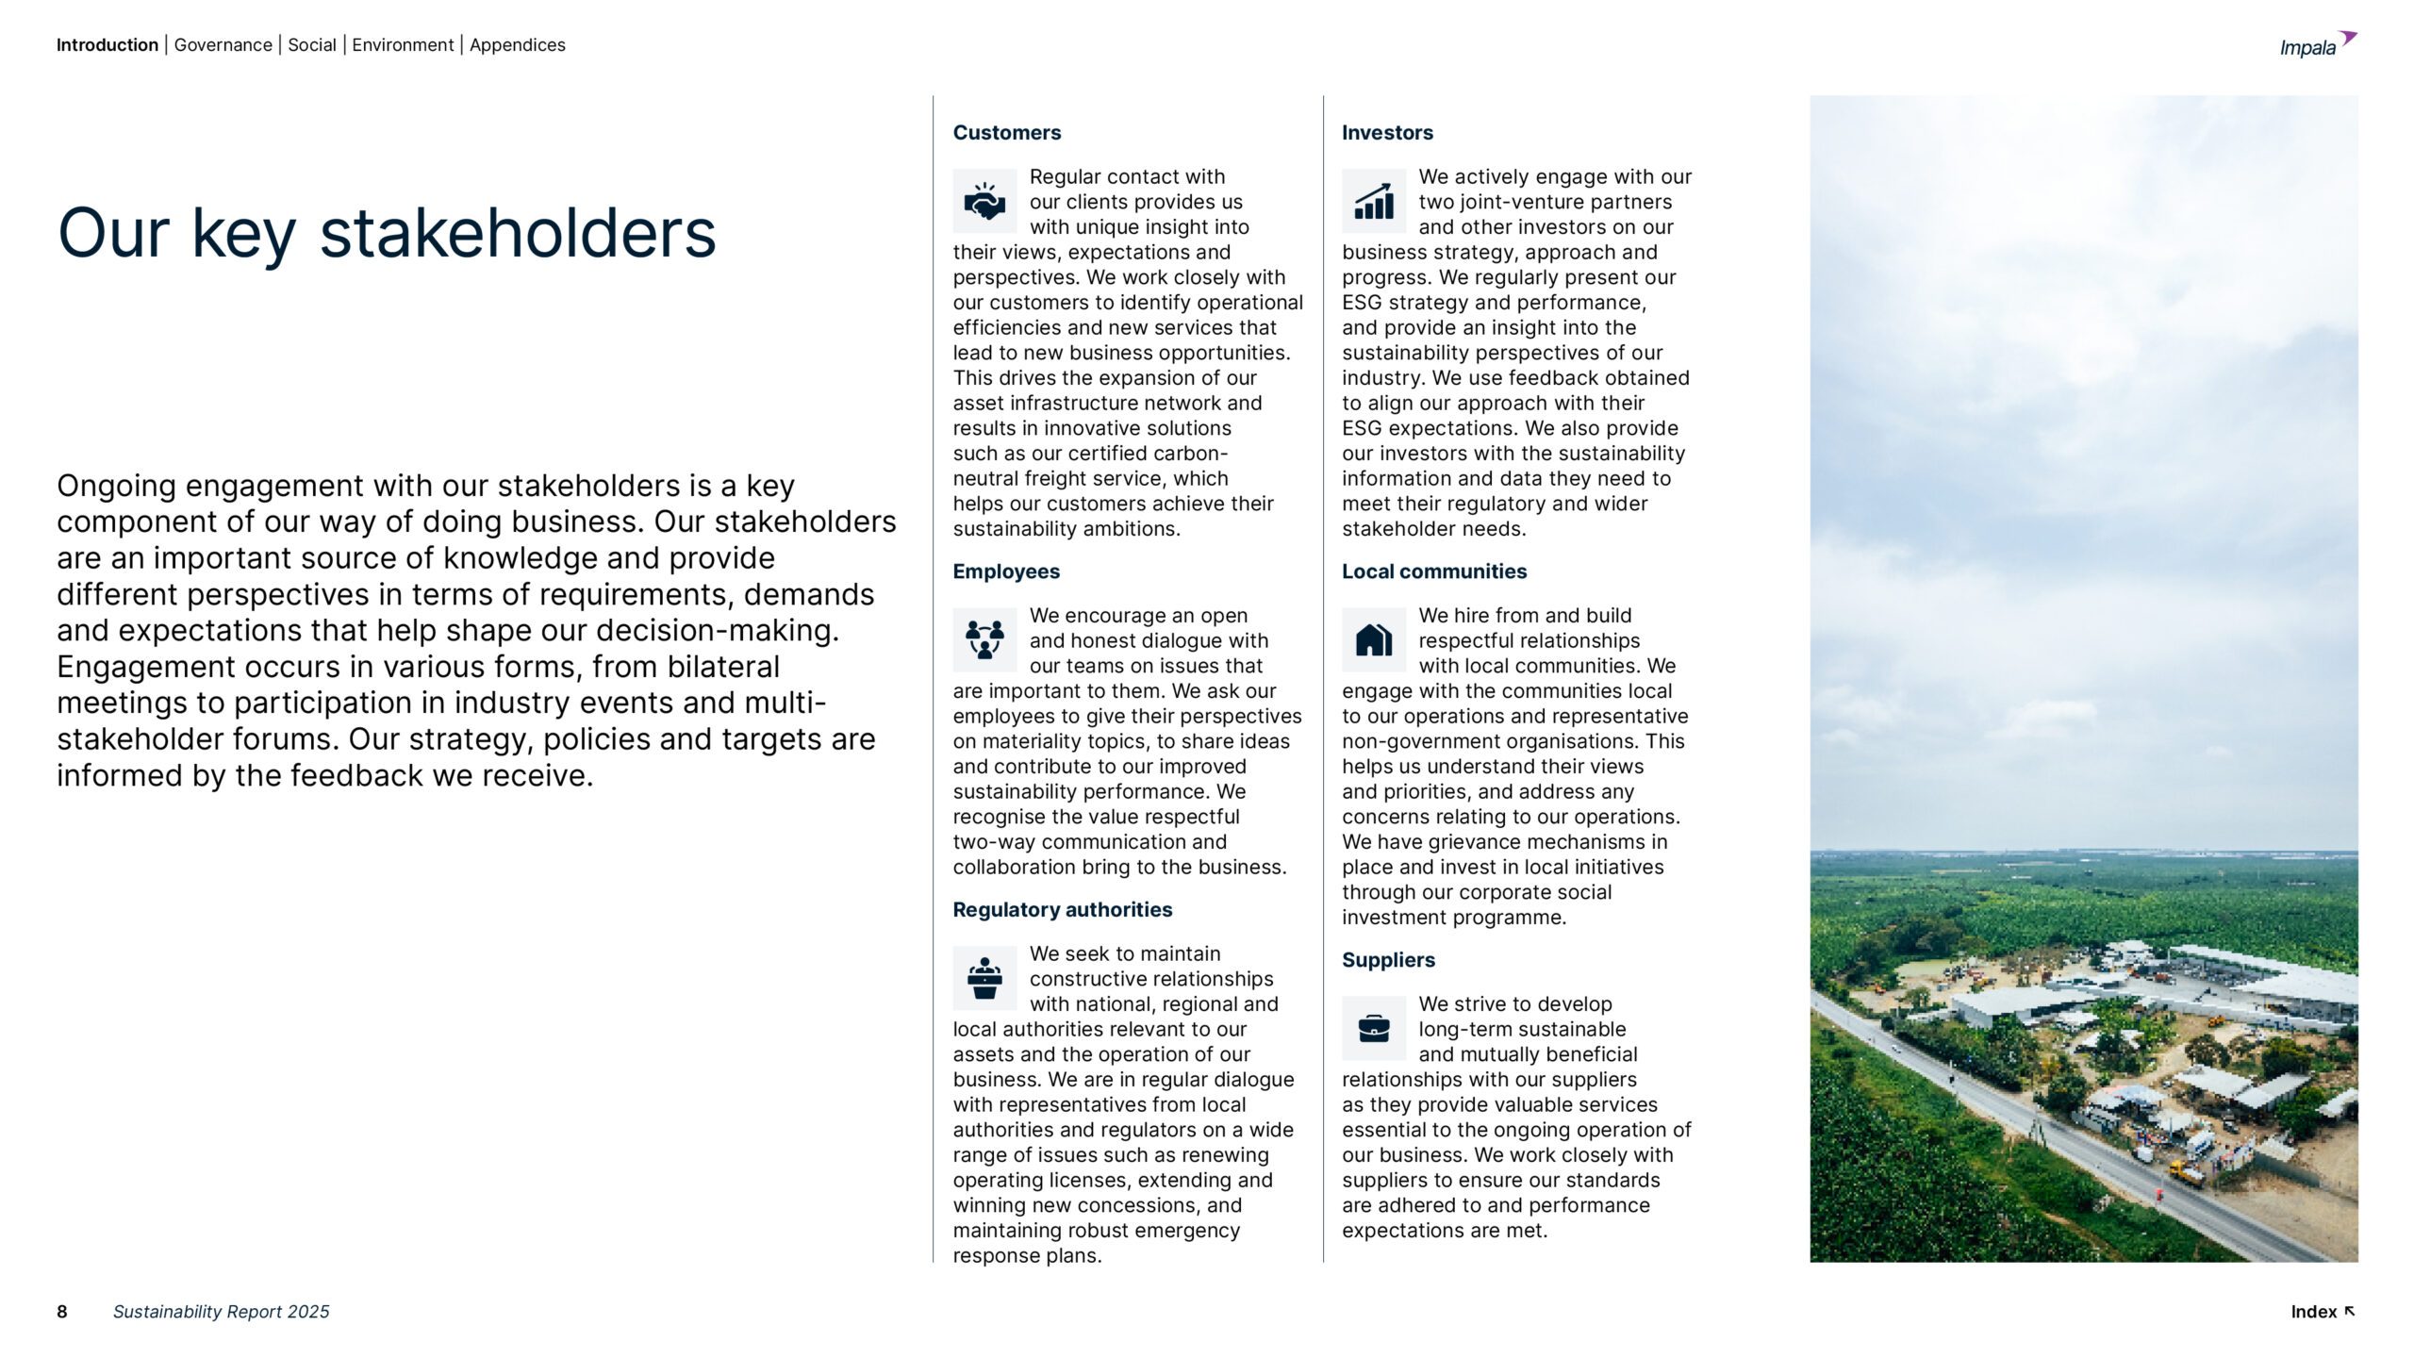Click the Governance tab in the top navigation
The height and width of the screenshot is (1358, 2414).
pyautogui.click(x=223, y=45)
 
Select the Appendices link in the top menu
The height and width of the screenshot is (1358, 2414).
pyautogui.click(x=517, y=45)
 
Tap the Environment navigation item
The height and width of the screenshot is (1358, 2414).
pyautogui.click(x=403, y=45)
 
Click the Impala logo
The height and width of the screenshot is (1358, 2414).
pyautogui.click(x=2316, y=45)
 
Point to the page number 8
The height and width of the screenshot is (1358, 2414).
pyautogui.click(x=62, y=1312)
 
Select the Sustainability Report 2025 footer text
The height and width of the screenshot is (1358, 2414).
pyautogui.click(x=222, y=1312)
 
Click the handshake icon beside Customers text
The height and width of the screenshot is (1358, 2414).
pyautogui.click(x=984, y=201)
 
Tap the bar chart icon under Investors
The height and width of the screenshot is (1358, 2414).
pyautogui.click(x=1374, y=201)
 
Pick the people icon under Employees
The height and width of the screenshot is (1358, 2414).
pyautogui.click(x=984, y=639)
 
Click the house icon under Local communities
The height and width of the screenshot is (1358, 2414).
pyautogui.click(x=1374, y=639)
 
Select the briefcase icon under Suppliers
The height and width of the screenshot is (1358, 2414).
pyautogui.click(x=1374, y=1028)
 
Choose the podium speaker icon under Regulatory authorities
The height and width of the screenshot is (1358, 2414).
pyautogui.click(x=984, y=978)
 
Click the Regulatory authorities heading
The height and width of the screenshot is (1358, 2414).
pyautogui.click(x=1062, y=910)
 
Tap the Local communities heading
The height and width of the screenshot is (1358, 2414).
pyautogui.click(x=1433, y=571)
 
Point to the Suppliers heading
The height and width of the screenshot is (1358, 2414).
pyautogui.click(x=1388, y=960)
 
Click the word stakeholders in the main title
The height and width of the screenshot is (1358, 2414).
pyautogui.click(x=518, y=234)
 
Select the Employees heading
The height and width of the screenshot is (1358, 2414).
pyautogui.click(x=1006, y=571)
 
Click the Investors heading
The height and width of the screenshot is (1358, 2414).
pyautogui.click(x=1387, y=133)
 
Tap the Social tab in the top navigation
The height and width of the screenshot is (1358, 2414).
pyautogui.click(x=312, y=45)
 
